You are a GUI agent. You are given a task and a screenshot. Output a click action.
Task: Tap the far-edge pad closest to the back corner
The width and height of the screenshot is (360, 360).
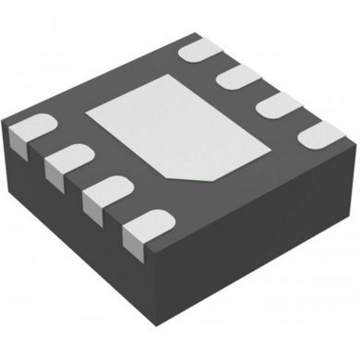200,50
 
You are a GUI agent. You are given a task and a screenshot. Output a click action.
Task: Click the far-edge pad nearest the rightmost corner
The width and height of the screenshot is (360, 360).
321,134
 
